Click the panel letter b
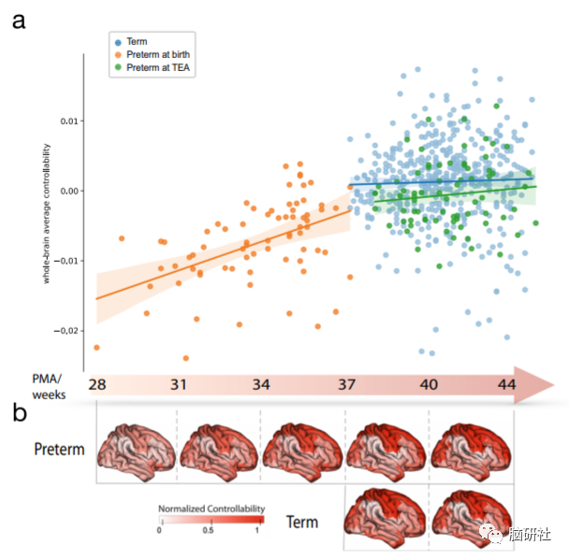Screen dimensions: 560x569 (x=19, y=412)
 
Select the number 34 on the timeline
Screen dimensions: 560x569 (x=261, y=384)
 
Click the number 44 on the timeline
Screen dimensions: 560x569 (x=506, y=384)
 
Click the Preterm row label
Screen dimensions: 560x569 (x=59, y=449)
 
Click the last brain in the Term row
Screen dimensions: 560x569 (x=473, y=517)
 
